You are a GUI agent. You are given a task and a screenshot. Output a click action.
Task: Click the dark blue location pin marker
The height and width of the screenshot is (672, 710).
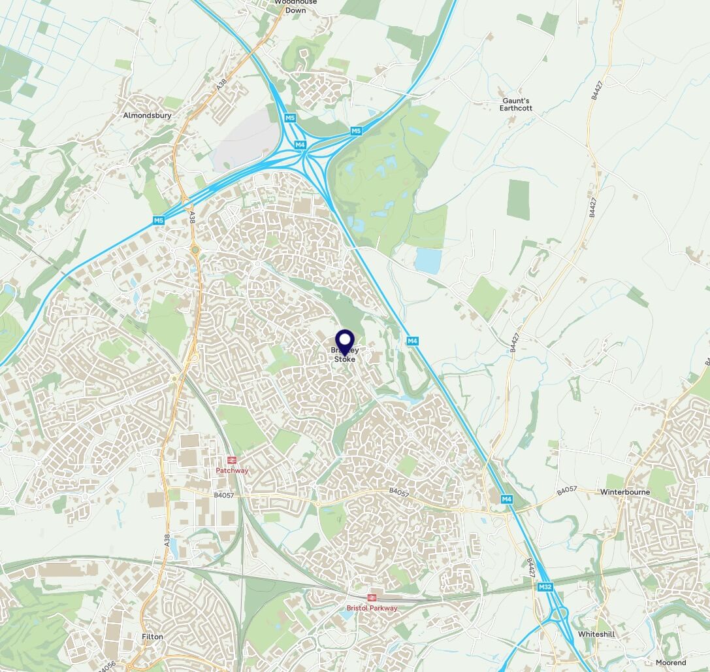click(345, 342)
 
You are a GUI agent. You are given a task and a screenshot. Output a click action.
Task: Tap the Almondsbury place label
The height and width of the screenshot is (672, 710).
click(147, 116)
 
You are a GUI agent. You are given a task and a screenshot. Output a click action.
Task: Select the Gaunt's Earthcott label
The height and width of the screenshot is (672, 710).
click(517, 105)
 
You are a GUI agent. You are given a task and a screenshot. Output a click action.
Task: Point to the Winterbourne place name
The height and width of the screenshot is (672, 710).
click(622, 492)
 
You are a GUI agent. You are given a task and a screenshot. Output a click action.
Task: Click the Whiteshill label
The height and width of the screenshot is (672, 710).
click(595, 634)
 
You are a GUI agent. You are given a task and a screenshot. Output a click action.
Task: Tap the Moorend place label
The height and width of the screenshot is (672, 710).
click(670, 662)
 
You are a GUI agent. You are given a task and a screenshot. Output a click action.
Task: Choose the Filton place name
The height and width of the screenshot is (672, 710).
click(152, 636)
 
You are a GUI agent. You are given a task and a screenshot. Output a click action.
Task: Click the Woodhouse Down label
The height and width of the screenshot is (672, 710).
click(295, 6)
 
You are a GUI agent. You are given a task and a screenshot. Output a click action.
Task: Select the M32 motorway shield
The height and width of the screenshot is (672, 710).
click(545, 588)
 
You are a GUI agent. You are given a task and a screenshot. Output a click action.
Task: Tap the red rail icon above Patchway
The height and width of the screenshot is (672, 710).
click(232, 460)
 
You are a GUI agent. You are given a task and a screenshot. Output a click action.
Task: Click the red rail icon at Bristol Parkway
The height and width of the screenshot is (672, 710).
click(371, 597)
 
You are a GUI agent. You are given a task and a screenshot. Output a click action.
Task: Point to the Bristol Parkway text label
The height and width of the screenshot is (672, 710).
click(372, 608)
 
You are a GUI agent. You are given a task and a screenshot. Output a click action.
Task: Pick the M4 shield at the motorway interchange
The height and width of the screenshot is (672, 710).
click(300, 144)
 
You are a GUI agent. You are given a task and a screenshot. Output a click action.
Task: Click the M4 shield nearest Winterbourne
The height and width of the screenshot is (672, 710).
click(507, 499)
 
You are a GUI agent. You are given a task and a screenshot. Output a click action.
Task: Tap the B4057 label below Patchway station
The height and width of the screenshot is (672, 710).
click(224, 496)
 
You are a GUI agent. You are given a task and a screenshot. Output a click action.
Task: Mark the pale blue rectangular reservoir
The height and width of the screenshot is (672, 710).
click(428, 261)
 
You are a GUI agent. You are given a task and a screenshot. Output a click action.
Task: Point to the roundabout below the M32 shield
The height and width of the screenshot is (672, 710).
click(558, 614)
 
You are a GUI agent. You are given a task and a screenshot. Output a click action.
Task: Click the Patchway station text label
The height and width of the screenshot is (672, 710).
click(232, 470)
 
